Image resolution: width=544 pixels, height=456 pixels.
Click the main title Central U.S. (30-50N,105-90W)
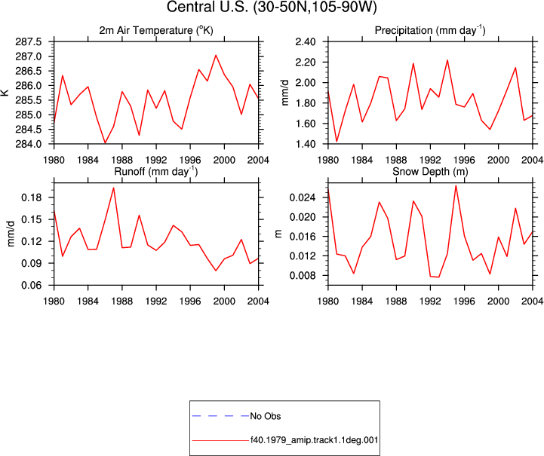point(272,7)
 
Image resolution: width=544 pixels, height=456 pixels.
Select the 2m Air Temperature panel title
point(156,30)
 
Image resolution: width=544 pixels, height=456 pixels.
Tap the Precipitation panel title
point(430,30)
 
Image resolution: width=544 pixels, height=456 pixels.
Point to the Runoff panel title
point(156,172)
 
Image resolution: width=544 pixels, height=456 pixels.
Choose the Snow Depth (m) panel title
point(430,172)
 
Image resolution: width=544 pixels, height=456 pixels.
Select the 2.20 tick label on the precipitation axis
point(306,63)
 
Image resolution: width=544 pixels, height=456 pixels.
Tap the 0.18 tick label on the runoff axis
point(32,197)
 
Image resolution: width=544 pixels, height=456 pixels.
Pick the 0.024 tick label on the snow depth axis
point(303,197)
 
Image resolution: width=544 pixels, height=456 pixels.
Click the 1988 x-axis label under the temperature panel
point(122,160)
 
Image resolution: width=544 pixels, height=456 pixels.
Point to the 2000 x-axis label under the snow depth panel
point(498,301)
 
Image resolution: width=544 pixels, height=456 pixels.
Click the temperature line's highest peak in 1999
point(216,55)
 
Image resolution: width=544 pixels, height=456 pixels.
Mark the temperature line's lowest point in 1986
point(105,142)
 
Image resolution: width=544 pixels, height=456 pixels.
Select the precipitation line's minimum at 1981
point(337,142)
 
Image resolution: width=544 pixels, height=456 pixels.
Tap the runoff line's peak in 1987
point(113,188)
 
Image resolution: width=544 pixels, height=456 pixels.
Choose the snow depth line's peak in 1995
point(456,185)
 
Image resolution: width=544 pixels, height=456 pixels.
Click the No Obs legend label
point(266,416)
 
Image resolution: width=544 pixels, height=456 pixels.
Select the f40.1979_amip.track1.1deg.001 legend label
point(315,440)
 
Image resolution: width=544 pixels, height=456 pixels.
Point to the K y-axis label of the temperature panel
point(5,93)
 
